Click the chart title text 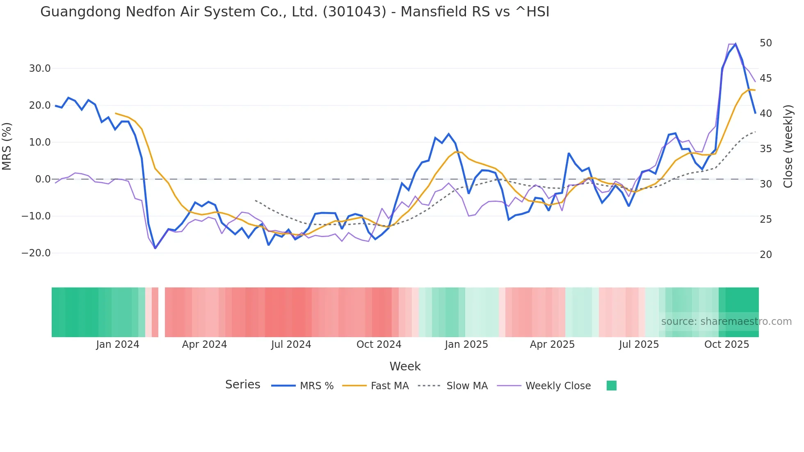[295, 12]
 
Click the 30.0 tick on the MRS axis [40, 68]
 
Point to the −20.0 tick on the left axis [36, 253]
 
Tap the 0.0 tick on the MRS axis [43, 179]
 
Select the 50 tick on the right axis [765, 43]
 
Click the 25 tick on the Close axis [765, 219]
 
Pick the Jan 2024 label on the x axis [118, 345]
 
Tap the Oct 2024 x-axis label [379, 345]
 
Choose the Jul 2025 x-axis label [639, 345]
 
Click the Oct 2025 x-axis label [726, 345]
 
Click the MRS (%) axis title [7, 146]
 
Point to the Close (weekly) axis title [788, 146]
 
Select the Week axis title [405, 366]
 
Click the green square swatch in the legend [611, 386]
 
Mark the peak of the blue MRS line [735, 44]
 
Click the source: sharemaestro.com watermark [726, 322]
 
